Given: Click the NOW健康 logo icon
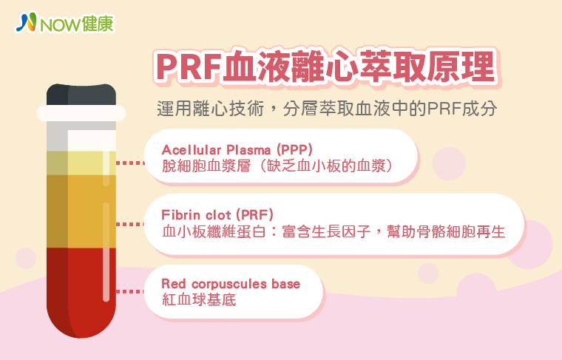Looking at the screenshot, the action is point(26,22).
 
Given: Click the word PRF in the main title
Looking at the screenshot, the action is point(188,67).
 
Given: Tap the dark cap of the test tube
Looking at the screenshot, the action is point(81,95).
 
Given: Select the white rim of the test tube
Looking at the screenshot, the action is point(81,113).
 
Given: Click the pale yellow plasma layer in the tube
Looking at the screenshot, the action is point(81,163).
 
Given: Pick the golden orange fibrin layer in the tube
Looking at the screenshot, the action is point(81,211).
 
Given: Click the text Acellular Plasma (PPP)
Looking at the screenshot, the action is point(237,150).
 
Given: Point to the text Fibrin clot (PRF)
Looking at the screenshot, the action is point(217,215).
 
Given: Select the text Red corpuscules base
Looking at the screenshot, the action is point(231,284).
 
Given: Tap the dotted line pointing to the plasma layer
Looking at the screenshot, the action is point(130,163).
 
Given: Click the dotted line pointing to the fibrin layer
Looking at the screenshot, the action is point(130,224).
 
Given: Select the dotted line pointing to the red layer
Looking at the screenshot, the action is point(130,291).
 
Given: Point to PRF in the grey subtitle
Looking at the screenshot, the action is point(444,109).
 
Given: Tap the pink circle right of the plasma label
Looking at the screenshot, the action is point(449,163).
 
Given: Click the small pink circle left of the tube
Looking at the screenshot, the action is point(26,258).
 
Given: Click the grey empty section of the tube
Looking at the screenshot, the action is point(81,136).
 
